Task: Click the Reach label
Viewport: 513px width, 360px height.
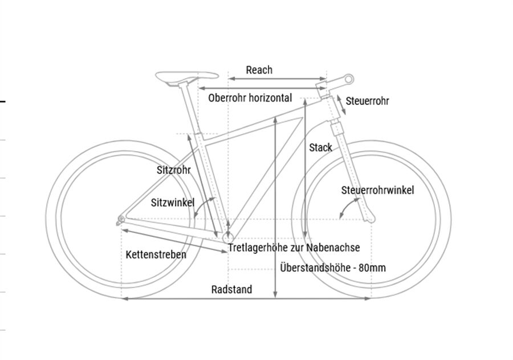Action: pyautogui.click(x=259, y=70)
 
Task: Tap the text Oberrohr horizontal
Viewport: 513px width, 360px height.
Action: pyautogui.click(x=250, y=98)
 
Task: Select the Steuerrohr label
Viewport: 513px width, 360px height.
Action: pyautogui.click(x=368, y=101)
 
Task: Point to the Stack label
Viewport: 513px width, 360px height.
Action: pyautogui.click(x=320, y=148)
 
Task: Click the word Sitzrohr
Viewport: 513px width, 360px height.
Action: pyautogui.click(x=173, y=170)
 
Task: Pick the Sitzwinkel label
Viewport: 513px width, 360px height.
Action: pyautogui.click(x=173, y=203)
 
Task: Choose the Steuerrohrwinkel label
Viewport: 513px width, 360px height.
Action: pyautogui.click(x=377, y=190)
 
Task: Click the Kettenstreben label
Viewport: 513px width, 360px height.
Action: pyautogui.click(x=156, y=254)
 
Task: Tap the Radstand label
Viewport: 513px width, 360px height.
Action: pyautogui.click(x=231, y=289)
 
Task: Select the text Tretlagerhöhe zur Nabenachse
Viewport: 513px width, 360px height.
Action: pyautogui.click(x=294, y=248)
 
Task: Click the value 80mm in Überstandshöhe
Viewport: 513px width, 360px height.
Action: pyautogui.click(x=372, y=268)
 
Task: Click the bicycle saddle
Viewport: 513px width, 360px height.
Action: pyautogui.click(x=188, y=76)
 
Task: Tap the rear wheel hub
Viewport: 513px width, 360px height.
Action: pyautogui.click(x=120, y=218)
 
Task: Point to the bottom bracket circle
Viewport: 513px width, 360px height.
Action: pyautogui.click(x=228, y=236)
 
